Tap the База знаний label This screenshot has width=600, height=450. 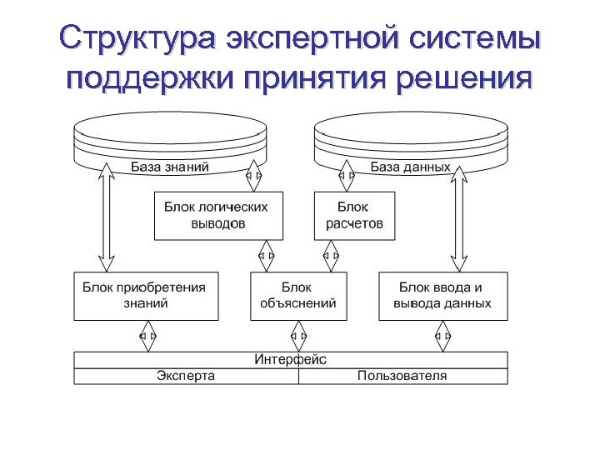[x=169, y=167]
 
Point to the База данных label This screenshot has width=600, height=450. [x=410, y=167]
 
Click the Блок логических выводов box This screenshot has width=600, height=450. [x=217, y=215]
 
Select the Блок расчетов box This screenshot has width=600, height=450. [x=354, y=215]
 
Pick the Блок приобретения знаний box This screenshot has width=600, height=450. [x=145, y=295]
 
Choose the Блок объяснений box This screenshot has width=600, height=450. [x=297, y=295]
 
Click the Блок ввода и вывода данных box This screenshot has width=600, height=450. [x=442, y=295]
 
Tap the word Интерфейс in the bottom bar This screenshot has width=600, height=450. [x=290, y=359]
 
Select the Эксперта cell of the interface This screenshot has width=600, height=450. [x=186, y=376]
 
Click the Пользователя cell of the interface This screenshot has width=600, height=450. [x=402, y=376]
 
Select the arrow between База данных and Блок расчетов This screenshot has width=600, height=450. [x=347, y=176]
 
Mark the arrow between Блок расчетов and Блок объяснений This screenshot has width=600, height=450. [x=330, y=255]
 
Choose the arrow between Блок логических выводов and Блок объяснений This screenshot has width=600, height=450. [x=267, y=255]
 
